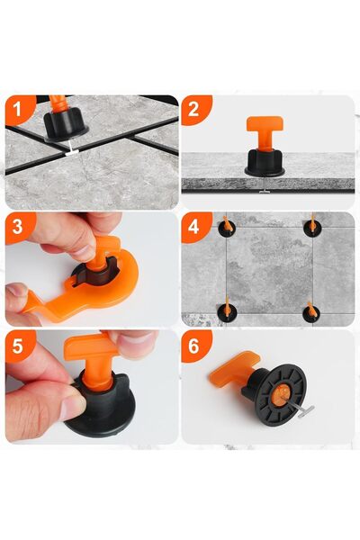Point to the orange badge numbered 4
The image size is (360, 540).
pyautogui.click(x=194, y=227)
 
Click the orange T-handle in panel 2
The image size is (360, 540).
pyautogui.click(x=262, y=135)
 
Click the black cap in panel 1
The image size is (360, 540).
pyautogui.click(x=65, y=121)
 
